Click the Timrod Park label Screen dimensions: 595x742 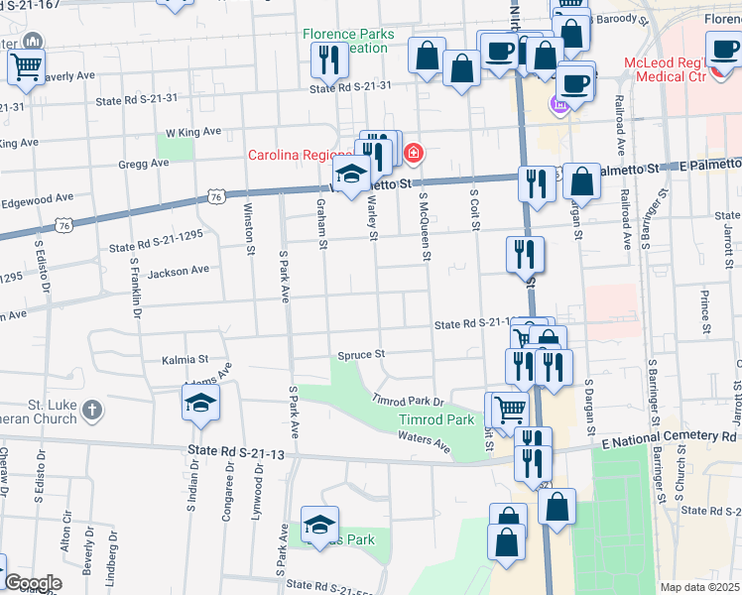[436, 420]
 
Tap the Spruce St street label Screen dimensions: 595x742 [360, 354]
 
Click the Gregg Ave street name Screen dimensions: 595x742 [144, 164]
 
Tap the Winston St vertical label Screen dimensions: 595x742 [249, 228]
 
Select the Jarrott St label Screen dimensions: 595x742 [727, 239]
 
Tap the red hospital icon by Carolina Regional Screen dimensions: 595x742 [413, 154]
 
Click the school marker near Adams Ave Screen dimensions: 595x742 [200, 404]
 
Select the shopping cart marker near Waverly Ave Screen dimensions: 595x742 [26, 66]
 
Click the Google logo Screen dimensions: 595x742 [33, 583]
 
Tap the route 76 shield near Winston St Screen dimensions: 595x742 [216, 198]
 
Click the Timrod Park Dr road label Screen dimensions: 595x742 [407, 402]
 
